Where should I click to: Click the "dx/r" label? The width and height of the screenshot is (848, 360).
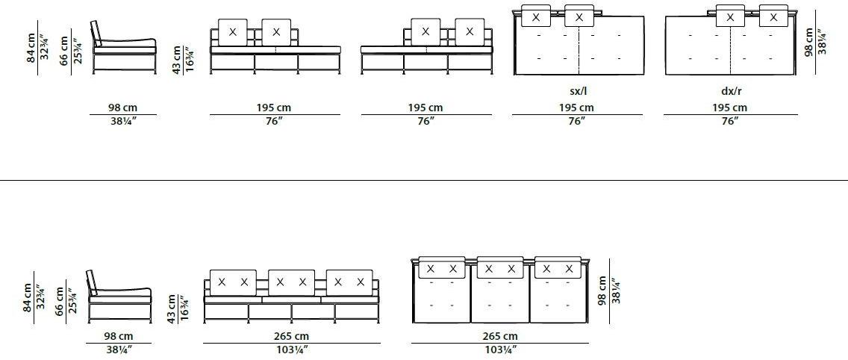pos(730,91)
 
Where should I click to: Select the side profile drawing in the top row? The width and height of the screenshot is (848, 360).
pos(125,47)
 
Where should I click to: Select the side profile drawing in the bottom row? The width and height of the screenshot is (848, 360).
pos(119,297)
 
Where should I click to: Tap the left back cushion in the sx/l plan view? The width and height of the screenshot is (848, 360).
pos(535,16)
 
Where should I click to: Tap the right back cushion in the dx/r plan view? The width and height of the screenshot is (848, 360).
pos(773,16)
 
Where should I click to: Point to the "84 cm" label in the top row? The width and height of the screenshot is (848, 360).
pos(31,47)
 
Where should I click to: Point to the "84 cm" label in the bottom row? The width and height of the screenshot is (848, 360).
pos(28,297)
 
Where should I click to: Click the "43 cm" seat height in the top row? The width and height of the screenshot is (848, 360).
pos(177,58)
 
